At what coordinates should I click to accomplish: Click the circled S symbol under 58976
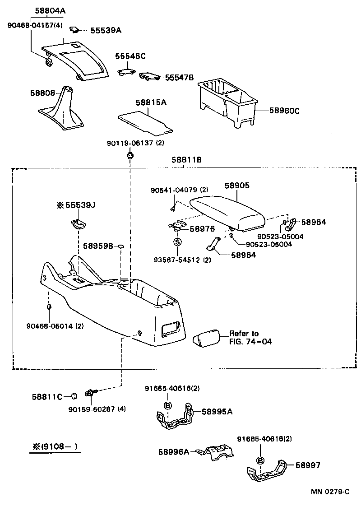pos(177,242)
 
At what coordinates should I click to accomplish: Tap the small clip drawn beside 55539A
pos(75,30)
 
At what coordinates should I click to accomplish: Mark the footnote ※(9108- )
pos(55,448)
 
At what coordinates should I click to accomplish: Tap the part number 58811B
pos(186,160)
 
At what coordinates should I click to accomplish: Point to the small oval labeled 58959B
pos(121,246)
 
